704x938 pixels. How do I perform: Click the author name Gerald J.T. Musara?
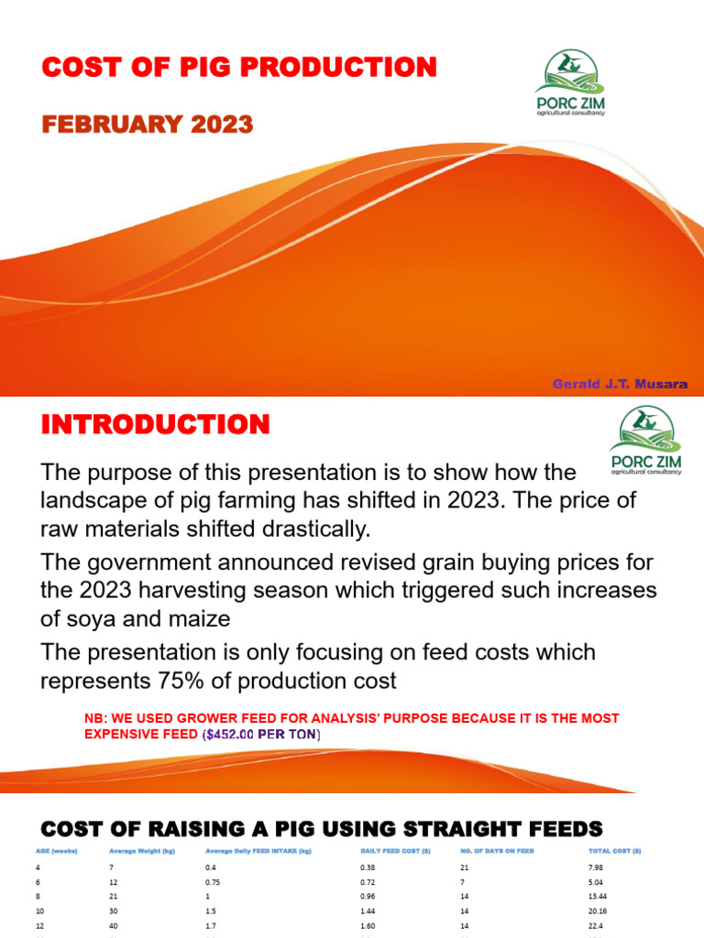620,384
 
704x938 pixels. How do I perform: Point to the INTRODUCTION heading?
156,424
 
